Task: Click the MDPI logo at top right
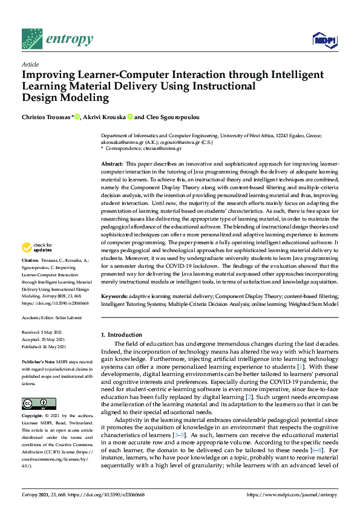click(x=324, y=39)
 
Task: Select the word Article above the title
click(x=30, y=64)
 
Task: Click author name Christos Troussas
click(x=46, y=117)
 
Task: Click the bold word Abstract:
click(x=111, y=164)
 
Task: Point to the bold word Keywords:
click(x=114, y=296)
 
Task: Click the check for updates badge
click(x=34, y=247)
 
